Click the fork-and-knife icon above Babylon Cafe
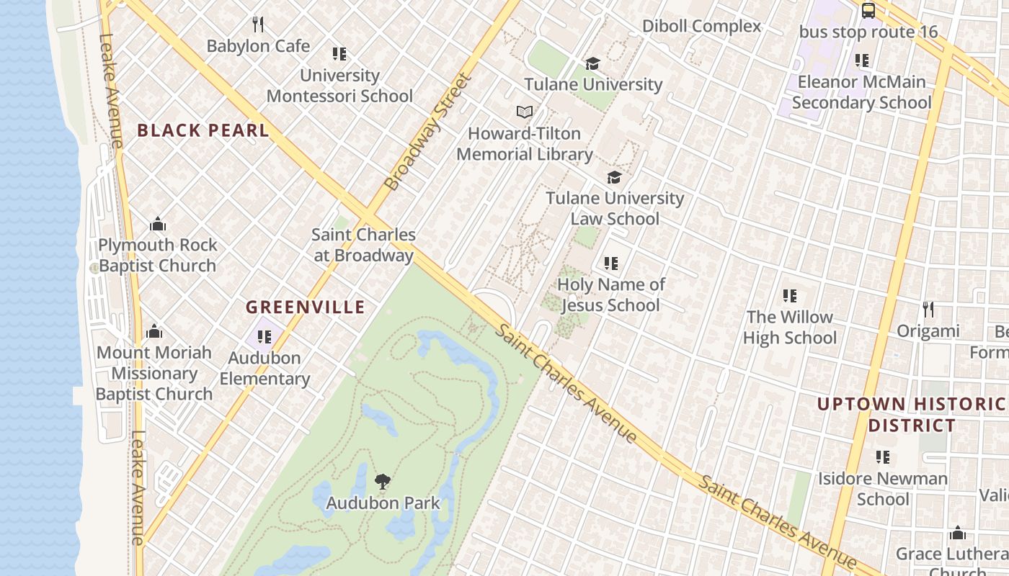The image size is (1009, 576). pyautogui.click(x=258, y=24)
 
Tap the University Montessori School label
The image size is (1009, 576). pyautogui.click(x=339, y=86)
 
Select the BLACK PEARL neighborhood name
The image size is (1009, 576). pyautogui.click(x=203, y=130)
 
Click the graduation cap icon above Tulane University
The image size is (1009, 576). pyautogui.click(x=592, y=64)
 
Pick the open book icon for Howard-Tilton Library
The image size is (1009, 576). pyautogui.click(x=525, y=112)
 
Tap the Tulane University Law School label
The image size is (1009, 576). pyautogui.click(x=615, y=208)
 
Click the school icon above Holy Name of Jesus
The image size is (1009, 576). pyautogui.click(x=611, y=264)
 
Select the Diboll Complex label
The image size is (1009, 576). pyautogui.click(x=701, y=27)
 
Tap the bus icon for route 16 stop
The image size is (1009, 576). pyautogui.click(x=868, y=11)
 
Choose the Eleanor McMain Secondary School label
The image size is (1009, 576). pyautogui.click(x=861, y=92)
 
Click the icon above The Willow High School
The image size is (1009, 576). pyautogui.click(x=790, y=296)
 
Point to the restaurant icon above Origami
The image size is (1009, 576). pyautogui.click(x=928, y=310)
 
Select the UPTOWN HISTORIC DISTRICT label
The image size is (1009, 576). pyautogui.click(x=911, y=415)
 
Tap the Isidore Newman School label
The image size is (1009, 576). pyautogui.click(x=883, y=489)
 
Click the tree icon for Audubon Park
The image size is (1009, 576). pyautogui.click(x=383, y=482)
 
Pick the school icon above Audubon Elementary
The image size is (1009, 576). pyautogui.click(x=265, y=336)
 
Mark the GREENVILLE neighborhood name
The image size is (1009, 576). pyautogui.click(x=306, y=307)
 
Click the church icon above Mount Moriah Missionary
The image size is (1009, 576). pyautogui.click(x=154, y=332)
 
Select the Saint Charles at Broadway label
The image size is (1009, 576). pyautogui.click(x=364, y=245)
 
